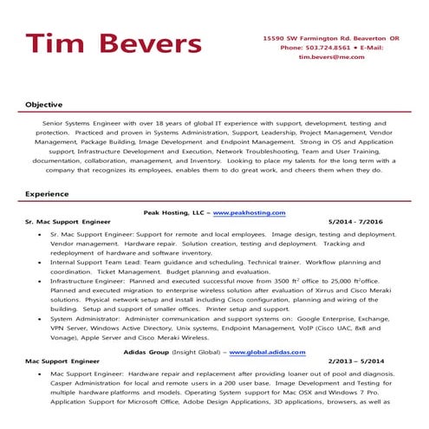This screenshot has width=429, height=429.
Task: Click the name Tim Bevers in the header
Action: click(114, 44)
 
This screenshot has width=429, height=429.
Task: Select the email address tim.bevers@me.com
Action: click(332, 57)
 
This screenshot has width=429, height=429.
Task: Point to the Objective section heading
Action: click(43, 104)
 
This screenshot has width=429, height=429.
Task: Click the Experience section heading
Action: click(47, 194)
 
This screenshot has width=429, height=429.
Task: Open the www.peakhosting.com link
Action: click(249, 212)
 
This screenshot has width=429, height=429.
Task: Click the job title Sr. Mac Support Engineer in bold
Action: click(69, 222)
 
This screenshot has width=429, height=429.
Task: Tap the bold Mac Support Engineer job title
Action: click(62, 361)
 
